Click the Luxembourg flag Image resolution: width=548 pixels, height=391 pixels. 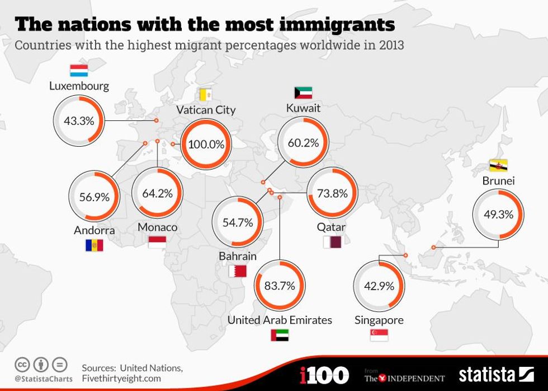79,71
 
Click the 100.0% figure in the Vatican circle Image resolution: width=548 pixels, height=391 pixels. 206,144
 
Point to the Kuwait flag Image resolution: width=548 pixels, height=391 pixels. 303,92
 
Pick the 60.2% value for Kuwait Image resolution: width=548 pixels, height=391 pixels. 303,142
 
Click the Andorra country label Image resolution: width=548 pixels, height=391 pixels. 94,230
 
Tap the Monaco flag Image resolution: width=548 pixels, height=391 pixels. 157,241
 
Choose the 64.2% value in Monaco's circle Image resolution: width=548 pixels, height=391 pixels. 157,193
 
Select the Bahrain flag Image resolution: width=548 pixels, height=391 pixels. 237,271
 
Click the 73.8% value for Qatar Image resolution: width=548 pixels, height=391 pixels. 332,194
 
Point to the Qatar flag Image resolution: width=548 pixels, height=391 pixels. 332,242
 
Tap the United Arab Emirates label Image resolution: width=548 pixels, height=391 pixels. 280,320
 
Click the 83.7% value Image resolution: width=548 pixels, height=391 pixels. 280,286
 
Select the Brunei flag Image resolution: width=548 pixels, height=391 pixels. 498,165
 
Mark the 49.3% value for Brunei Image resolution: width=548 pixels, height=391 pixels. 498,214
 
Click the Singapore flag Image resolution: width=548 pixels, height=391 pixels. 379,335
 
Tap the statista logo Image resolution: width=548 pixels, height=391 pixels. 496,374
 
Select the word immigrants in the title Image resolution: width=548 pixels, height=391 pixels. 323,25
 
